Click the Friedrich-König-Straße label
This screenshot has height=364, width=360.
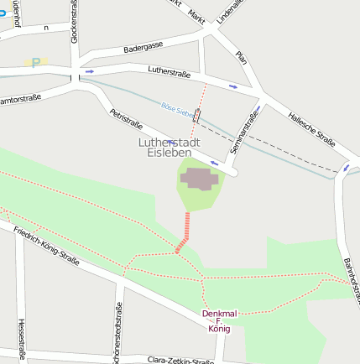pos(46,247)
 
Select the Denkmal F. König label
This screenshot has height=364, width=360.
pos(219,320)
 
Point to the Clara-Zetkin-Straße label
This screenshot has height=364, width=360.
pos(180,359)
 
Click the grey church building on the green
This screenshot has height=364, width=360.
pos(200,179)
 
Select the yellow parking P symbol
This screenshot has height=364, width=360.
pos(35,62)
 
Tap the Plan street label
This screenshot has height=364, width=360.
pos(242,57)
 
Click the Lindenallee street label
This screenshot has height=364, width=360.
pos(227,10)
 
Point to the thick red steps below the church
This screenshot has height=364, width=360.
pos(183,231)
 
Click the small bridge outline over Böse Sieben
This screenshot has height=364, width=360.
pos(196,116)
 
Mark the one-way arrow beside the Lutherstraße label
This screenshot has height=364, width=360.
pos(233,86)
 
